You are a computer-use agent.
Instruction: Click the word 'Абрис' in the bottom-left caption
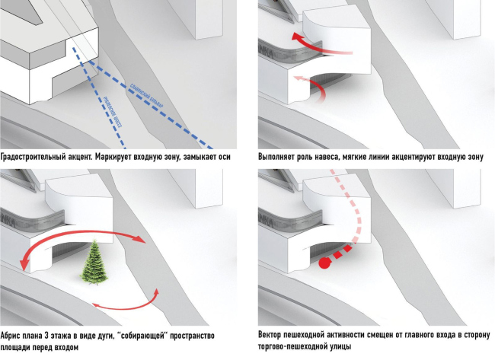pyautogui.click(x=12, y=336)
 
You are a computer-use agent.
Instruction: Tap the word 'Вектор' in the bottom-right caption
pyautogui.click(x=273, y=336)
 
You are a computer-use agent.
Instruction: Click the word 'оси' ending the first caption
pyautogui.click(x=223, y=158)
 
